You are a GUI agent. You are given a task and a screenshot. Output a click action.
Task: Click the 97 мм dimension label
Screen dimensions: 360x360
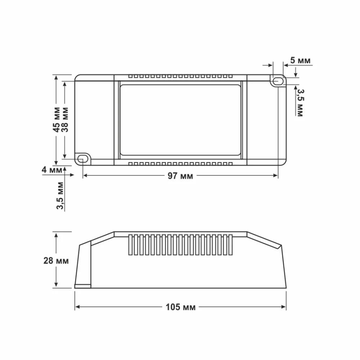coord(180,176)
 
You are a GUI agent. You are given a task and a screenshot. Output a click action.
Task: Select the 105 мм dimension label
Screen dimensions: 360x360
coord(180,307)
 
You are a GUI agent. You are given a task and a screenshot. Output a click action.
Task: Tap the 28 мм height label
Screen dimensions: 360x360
coord(56,261)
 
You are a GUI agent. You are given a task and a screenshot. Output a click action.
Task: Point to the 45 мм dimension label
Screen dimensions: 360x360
coord(57,120)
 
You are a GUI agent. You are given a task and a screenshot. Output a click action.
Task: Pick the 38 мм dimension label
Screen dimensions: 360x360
coord(65,120)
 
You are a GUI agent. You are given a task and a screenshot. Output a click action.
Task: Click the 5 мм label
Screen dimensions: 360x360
coord(300,60)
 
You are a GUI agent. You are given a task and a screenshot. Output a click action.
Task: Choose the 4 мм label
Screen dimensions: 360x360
coord(52,170)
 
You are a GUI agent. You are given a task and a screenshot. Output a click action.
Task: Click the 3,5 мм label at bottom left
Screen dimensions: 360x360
coord(60,195)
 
